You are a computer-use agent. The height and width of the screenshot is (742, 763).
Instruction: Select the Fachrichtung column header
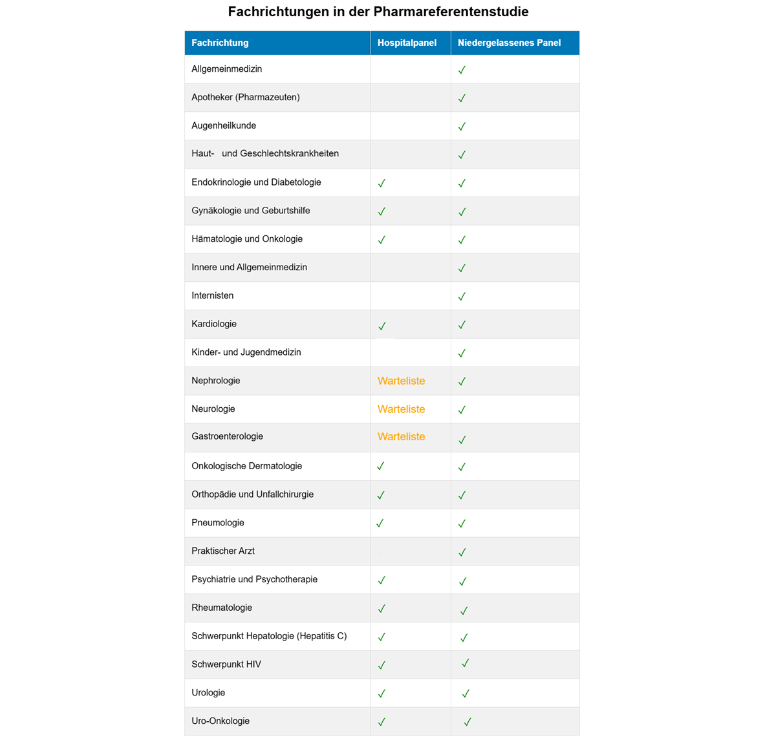[220, 43]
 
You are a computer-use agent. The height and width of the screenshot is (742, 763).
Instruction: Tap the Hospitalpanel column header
[407, 43]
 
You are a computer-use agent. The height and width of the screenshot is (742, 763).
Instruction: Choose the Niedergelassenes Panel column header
[509, 43]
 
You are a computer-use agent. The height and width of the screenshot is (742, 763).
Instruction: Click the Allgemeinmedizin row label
[226, 69]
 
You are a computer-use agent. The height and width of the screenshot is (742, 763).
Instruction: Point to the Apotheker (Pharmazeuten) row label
[245, 98]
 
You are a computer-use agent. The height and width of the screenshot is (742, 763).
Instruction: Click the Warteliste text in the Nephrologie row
[401, 381]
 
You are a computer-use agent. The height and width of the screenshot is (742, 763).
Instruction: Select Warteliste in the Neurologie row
[401, 409]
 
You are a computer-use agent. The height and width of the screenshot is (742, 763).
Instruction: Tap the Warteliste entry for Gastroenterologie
[401, 437]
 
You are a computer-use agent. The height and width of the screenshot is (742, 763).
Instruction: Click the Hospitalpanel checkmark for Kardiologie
[382, 326]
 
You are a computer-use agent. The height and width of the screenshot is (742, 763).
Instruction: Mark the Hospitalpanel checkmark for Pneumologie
[380, 523]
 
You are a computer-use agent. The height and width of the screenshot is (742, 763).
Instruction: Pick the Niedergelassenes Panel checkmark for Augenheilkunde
[462, 127]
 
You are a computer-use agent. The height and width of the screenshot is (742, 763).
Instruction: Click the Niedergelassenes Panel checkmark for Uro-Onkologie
[467, 721]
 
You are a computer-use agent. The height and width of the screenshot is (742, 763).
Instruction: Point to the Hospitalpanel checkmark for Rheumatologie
[381, 608]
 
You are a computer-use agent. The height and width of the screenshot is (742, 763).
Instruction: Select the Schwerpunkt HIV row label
[226, 664]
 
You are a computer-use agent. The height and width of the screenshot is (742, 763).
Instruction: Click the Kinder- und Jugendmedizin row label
[246, 352]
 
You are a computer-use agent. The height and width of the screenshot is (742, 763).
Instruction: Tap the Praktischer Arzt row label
[223, 551]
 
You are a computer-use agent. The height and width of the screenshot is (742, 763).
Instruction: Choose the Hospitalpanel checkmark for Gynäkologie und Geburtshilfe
[381, 211]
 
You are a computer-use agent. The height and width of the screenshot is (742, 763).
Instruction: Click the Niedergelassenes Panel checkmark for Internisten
[462, 297]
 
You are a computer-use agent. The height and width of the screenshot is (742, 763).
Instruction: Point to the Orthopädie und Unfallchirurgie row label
[252, 494]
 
